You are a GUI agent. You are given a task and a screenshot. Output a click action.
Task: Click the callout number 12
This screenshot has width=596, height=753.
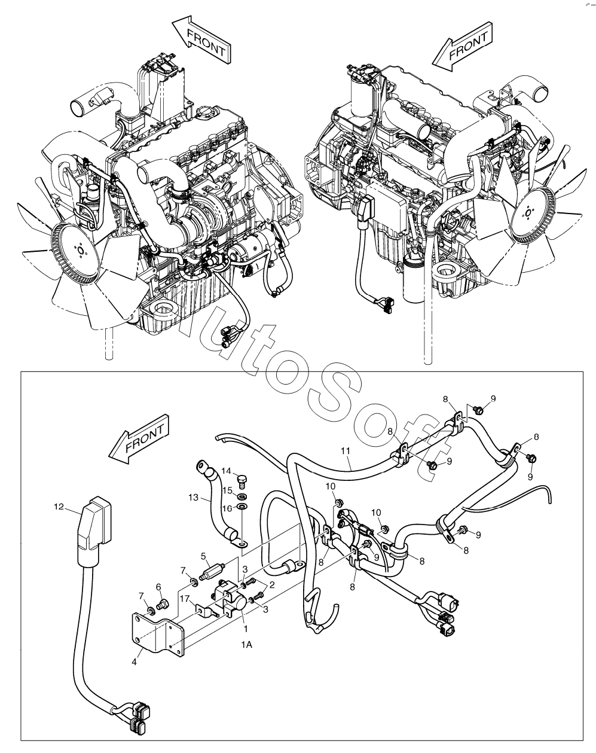click(x=59, y=507)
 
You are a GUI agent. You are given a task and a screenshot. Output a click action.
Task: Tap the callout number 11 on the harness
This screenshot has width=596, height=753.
click(x=345, y=451)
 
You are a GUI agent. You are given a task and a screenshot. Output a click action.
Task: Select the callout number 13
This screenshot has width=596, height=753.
click(x=193, y=497)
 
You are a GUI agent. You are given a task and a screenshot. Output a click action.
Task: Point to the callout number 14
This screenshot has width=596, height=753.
click(x=227, y=471)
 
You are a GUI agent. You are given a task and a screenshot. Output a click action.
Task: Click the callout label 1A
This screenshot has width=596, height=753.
click(x=247, y=645)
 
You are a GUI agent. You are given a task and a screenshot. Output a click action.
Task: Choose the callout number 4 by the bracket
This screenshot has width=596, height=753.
click(x=135, y=662)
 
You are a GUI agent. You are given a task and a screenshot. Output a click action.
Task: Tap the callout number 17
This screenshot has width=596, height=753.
click(x=185, y=599)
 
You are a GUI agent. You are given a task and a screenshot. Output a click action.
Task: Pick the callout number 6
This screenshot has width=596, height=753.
click(x=158, y=587)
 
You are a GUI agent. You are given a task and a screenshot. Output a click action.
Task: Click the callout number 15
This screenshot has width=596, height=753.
click(x=227, y=490)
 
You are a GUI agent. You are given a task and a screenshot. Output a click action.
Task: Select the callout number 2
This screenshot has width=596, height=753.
click(x=272, y=585)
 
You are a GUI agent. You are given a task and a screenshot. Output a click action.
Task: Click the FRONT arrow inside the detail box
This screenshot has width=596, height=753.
click(x=139, y=439)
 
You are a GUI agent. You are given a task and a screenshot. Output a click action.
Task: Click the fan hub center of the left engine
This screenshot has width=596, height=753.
click(x=80, y=250)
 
